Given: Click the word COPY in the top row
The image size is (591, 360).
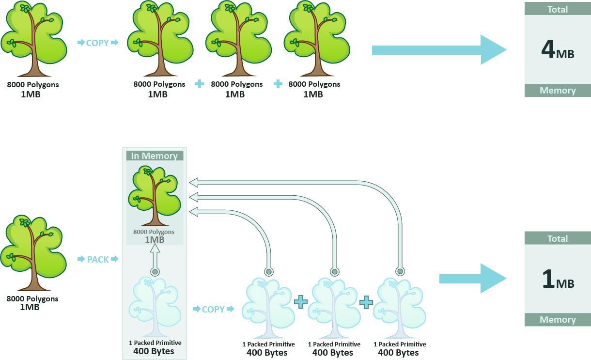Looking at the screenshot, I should (97, 43).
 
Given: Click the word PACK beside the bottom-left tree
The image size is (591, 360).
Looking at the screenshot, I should (98, 259).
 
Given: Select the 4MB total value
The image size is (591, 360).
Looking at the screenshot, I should (558, 50).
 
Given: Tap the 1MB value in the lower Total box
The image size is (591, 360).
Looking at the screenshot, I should (558, 280).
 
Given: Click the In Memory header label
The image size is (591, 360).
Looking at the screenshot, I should (155, 156).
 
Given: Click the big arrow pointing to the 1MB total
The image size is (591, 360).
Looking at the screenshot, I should (472, 278).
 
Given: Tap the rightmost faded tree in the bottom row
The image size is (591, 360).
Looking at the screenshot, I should (400, 308).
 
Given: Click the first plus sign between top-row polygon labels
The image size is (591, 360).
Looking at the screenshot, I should (199, 84).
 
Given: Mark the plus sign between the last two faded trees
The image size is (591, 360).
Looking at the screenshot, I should (366, 302).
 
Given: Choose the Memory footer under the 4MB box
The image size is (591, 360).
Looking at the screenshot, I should (558, 91).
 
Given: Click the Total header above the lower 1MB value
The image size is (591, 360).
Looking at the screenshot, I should (558, 238).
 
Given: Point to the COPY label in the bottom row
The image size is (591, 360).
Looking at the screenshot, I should (213, 309).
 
